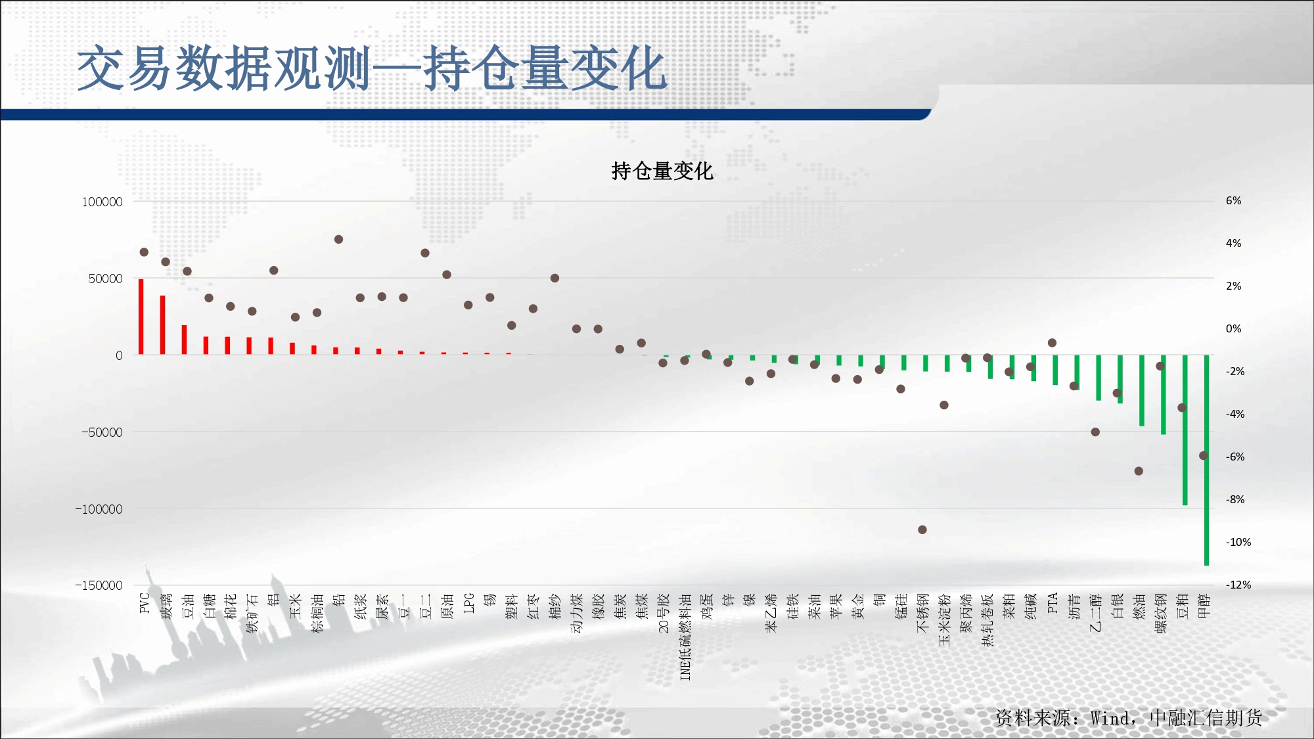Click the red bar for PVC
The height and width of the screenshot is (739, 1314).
[141, 317]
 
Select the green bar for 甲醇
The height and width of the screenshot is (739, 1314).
[1207, 460]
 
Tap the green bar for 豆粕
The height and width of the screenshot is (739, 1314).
[1185, 430]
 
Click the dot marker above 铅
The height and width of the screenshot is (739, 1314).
[338, 239]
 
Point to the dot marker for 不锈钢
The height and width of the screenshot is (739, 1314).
[922, 529]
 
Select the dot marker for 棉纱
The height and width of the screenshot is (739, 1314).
[555, 278]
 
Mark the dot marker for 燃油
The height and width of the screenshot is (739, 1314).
[1139, 471]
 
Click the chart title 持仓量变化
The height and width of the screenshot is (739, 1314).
[662, 171]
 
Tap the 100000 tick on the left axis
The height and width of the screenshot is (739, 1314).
[102, 202]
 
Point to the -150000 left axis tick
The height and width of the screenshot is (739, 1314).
[99, 585]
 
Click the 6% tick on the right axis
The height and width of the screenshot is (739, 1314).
[1233, 200]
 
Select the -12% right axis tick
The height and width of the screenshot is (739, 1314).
[1238, 585]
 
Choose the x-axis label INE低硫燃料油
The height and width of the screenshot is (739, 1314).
[685, 637]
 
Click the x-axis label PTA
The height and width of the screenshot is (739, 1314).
[1053, 603]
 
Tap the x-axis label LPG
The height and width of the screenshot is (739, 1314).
[468, 603]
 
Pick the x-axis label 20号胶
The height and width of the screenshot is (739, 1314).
[664, 614]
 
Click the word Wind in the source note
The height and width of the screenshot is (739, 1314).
[1111, 718]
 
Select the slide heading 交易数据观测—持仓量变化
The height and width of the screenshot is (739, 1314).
[372, 68]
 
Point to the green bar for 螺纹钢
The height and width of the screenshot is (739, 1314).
[1164, 395]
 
